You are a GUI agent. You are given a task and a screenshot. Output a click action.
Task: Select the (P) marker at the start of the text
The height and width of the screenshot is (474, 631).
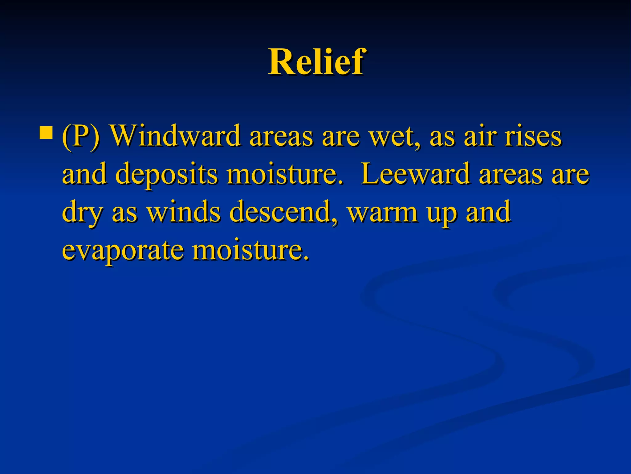tap(81, 137)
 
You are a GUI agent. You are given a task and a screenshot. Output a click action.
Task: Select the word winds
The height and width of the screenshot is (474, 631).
tap(183, 212)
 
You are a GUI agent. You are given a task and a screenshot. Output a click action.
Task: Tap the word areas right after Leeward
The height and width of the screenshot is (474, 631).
tap(510, 175)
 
